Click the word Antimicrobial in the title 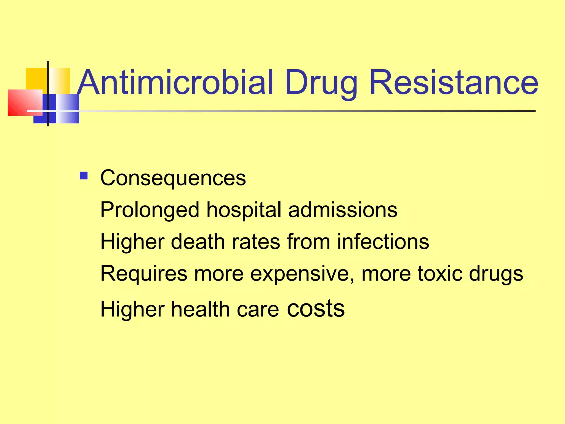pyautogui.click(x=175, y=82)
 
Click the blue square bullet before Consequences pyautogui.click(x=84, y=176)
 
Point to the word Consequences pyautogui.click(x=173, y=178)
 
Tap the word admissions pyautogui.click(x=343, y=210)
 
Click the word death pyautogui.click(x=198, y=242)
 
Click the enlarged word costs pyautogui.click(x=316, y=308)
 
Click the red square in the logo pyautogui.click(x=23, y=102)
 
